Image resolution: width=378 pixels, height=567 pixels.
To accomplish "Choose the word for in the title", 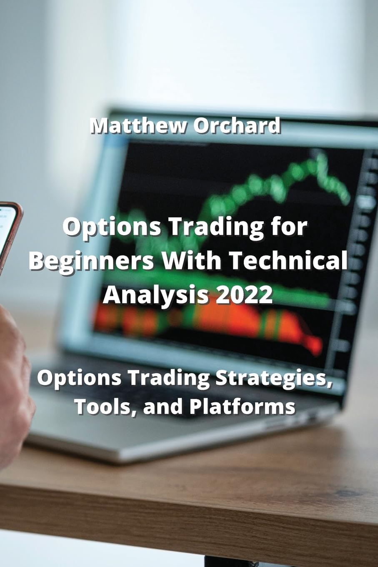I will [292, 227].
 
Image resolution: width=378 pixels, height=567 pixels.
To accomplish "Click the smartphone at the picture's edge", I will [8, 233].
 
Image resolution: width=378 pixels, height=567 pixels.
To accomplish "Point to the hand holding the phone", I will [13, 375].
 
